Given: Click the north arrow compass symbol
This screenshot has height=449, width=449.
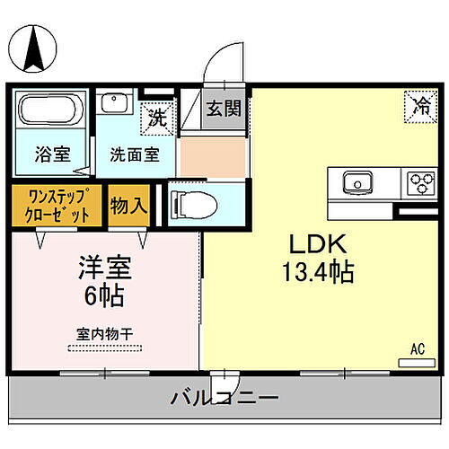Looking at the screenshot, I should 35,47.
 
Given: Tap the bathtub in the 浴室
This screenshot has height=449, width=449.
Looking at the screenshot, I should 48,113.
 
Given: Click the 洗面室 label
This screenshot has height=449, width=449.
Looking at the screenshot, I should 135,154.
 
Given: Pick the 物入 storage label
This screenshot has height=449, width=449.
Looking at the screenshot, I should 128,205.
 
